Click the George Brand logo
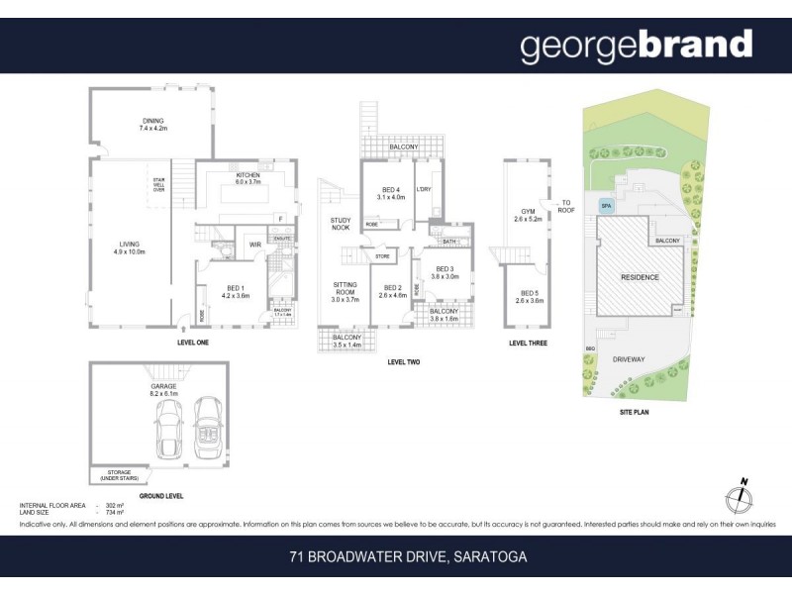pos(636,46)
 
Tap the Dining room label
pos(153,124)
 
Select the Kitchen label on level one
pos(247,178)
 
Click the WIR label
pos(254,245)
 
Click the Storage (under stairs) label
pos(119,475)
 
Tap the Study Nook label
pos(342,224)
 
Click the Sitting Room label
pos(344,291)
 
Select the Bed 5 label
pos(527,296)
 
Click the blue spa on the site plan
pos(606,207)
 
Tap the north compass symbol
pos(742,498)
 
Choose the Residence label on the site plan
pos(640,277)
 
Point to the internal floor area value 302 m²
pos(114,505)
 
